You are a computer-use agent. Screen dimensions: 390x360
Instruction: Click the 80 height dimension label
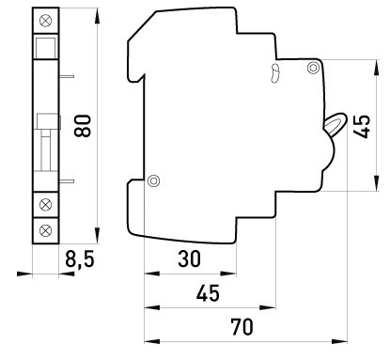(x=83, y=126)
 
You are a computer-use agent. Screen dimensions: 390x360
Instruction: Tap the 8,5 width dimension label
(x=80, y=259)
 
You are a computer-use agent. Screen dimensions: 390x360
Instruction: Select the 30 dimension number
(x=189, y=259)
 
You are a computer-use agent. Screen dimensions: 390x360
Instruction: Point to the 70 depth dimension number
(x=242, y=327)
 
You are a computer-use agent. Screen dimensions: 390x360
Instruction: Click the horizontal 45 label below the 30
(x=208, y=293)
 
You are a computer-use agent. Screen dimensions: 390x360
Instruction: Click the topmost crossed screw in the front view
(x=46, y=21)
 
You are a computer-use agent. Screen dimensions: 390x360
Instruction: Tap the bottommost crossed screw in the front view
(x=46, y=230)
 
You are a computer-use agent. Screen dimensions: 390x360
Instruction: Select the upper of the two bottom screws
(x=46, y=205)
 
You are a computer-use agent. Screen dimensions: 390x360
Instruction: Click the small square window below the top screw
(x=46, y=48)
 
